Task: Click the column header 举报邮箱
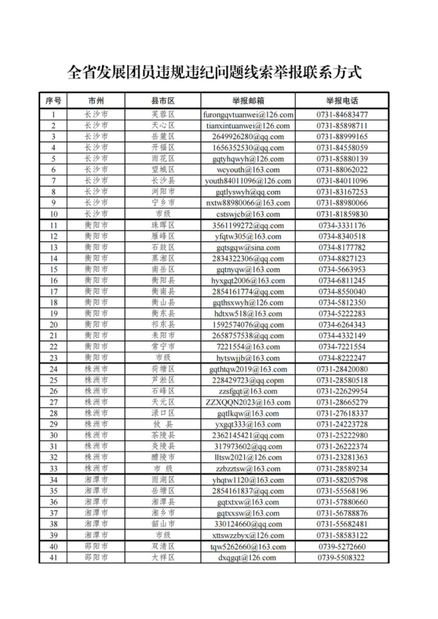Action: point(248,101)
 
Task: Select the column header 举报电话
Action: point(342,101)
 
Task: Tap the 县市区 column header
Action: point(163,101)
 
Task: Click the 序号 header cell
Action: point(53,101)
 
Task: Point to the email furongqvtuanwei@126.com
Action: point(248,115)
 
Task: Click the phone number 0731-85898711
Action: point(342,126)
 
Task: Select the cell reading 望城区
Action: point(163,170)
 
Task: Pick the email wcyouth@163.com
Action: point(248,170)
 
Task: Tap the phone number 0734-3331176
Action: point(342,226)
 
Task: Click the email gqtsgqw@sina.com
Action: point(248,247)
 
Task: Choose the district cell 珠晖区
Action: point(163,226)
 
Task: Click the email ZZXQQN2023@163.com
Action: point(248,402)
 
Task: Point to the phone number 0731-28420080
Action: point(342,369)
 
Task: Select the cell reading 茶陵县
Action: point(163,436)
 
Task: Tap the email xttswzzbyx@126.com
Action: point(248,535)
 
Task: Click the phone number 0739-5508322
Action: point(342,558)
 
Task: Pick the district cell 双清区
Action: point(163,547)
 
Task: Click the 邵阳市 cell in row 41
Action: point(96,558)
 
